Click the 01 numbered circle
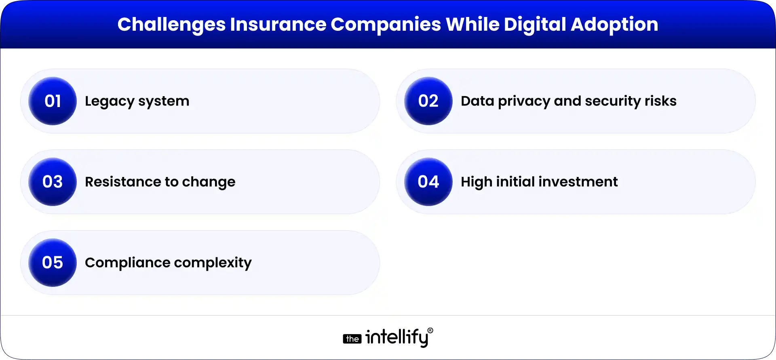pyautogui.click(x=53, y=101)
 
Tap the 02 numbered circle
pyautogui.click(x=428, y=101)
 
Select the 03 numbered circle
pyautogui.click(x=53, y=182)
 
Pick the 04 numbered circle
pyautogui.click(x=428, y=182)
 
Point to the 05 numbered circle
pyautogui.click(x=53, y=263)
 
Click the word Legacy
pyautogui.click(x=109, y=101)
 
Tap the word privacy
pyautogui.click(x=524, y=101)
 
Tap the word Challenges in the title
pyautogui.click(x=171, y=25)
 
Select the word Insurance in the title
pyautogui.click(x=278, y=25)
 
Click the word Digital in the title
pyautogui.click(x=535, y=25)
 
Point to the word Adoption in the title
pyautogui.click(x=614, y=25)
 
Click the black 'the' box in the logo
pyautogui.click(x=352, y=339)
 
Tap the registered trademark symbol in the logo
pyautogui.click(x=430, y=331)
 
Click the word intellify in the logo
pyautogui.click(x=396, y=337)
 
